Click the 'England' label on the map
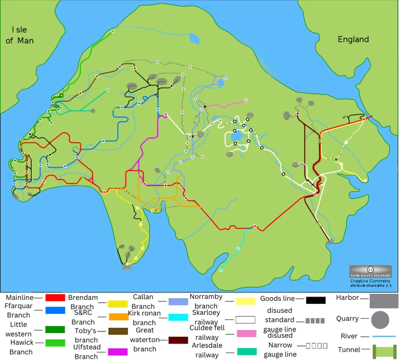point(354,40)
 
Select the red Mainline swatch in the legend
point(55,298)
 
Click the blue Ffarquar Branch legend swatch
point(55,310)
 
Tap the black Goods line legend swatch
point(316,300)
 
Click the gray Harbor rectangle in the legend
point(383,301)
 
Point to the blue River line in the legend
point(384,336)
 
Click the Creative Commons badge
point(370,271)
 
